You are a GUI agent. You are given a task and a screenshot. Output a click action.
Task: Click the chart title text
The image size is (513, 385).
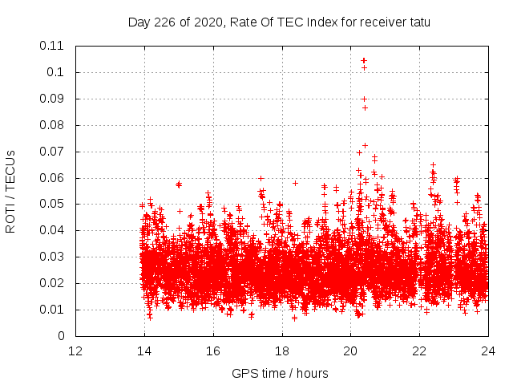click(x=279, y=22)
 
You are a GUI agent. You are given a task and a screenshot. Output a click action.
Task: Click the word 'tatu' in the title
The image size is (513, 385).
click(x=418, y=22)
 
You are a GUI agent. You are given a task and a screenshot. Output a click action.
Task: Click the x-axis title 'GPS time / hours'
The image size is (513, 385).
click(x=280, y=373)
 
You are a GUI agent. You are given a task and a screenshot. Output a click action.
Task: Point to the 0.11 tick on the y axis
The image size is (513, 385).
click(x=53, y=46)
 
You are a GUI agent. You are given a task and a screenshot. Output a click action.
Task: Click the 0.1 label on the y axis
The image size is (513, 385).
click(x=56, y=72)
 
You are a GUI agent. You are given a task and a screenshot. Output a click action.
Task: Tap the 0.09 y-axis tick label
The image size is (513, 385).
click(x=53, y=99)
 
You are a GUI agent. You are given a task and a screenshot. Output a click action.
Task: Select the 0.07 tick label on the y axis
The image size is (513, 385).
click(x=53, y=152)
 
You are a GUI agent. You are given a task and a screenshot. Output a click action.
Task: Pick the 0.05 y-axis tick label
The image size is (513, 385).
click(x=53, y=204)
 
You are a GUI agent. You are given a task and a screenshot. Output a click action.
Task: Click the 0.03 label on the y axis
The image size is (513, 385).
click(x=53, y=257)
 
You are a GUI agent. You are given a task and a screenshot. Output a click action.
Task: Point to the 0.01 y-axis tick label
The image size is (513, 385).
click(x=53, y=310)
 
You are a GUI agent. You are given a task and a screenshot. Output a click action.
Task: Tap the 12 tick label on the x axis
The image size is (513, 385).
click(x=75, y=351)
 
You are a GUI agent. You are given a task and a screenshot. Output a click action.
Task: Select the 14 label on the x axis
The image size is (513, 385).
click(x=144, y=351)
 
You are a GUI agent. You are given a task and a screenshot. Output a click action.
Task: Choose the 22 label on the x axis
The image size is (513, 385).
click(x=419, y=351)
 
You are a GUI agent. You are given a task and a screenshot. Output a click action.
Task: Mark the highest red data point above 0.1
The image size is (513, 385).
click(x=364, y=60)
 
